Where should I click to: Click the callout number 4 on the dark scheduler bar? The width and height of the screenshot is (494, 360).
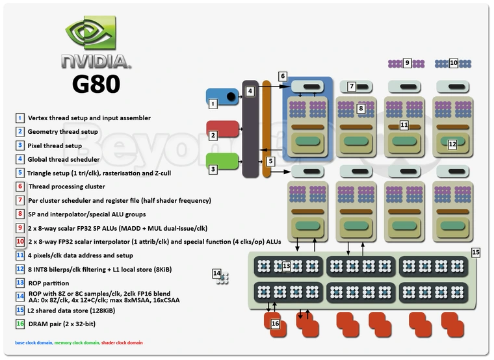coord(250,92)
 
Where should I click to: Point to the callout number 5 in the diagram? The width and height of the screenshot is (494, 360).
coord(271,161)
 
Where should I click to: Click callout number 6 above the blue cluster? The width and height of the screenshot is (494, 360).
coord(283,76)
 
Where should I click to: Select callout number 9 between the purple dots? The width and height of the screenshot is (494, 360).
coord(407,63)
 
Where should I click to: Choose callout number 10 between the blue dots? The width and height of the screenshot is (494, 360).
coord(454,63)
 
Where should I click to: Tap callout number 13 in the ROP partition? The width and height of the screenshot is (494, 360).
coord(287,266)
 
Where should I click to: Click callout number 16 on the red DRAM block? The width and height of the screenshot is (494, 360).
coord(275,323)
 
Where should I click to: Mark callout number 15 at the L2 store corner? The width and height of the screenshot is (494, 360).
coord(475,252)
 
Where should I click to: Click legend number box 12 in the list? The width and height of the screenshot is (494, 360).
coord(21,269)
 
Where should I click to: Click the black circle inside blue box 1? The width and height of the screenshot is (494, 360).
coord(229,97)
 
